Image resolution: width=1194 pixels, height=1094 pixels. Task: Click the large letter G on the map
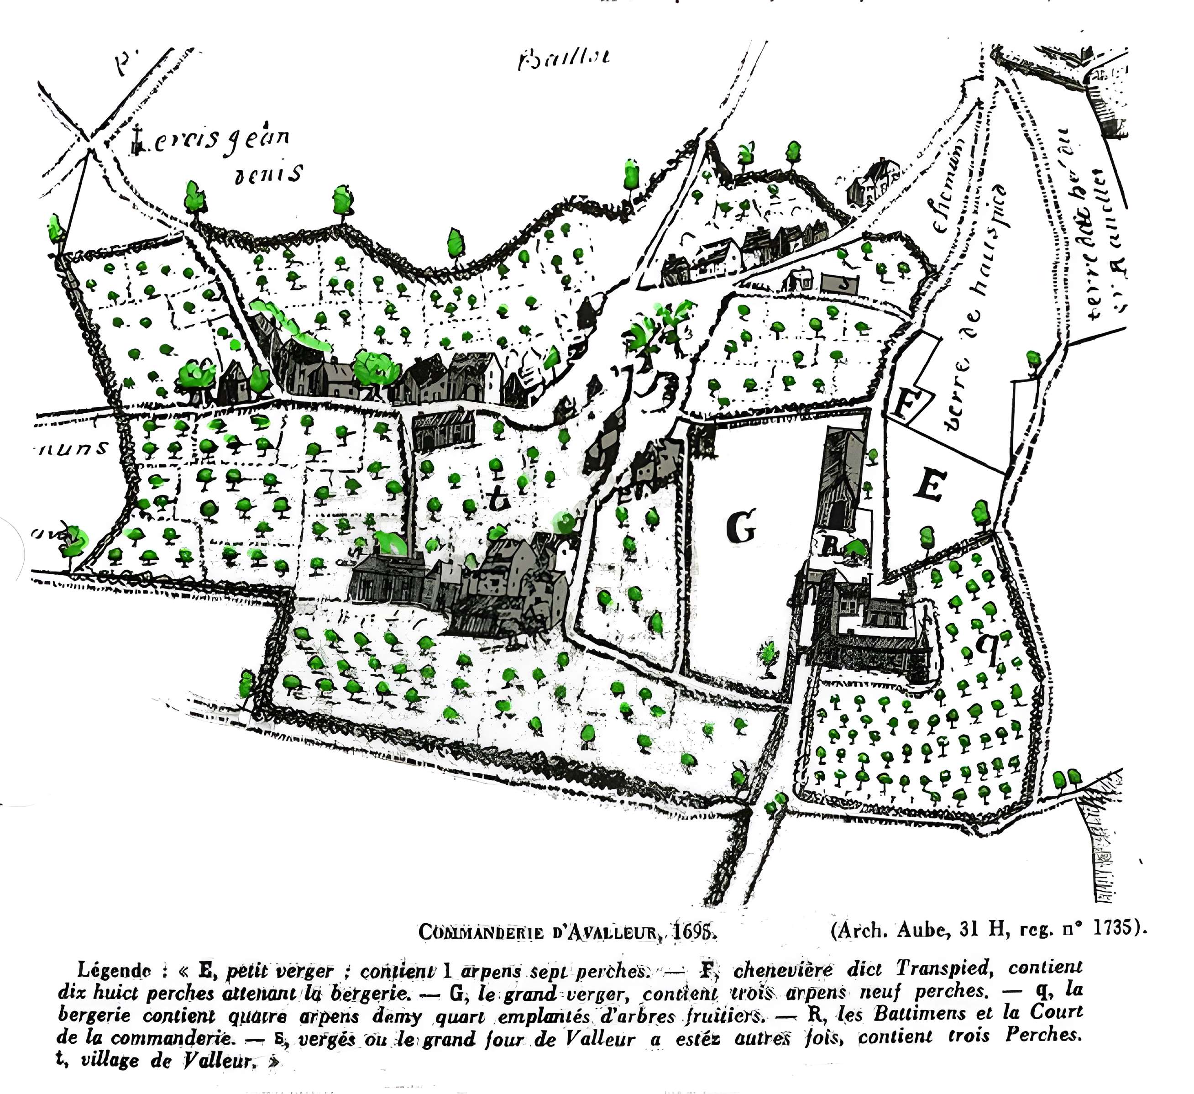click(x=740, y=527)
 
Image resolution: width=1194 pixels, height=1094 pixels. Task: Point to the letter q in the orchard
click(x=987, y=648)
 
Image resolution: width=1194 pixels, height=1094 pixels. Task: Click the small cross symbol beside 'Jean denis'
click(x=137, y=141)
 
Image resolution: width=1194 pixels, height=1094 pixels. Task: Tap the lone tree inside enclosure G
click(x=768, y=657)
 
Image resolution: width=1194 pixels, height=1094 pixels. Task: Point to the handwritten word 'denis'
click(x=269, y=174)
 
